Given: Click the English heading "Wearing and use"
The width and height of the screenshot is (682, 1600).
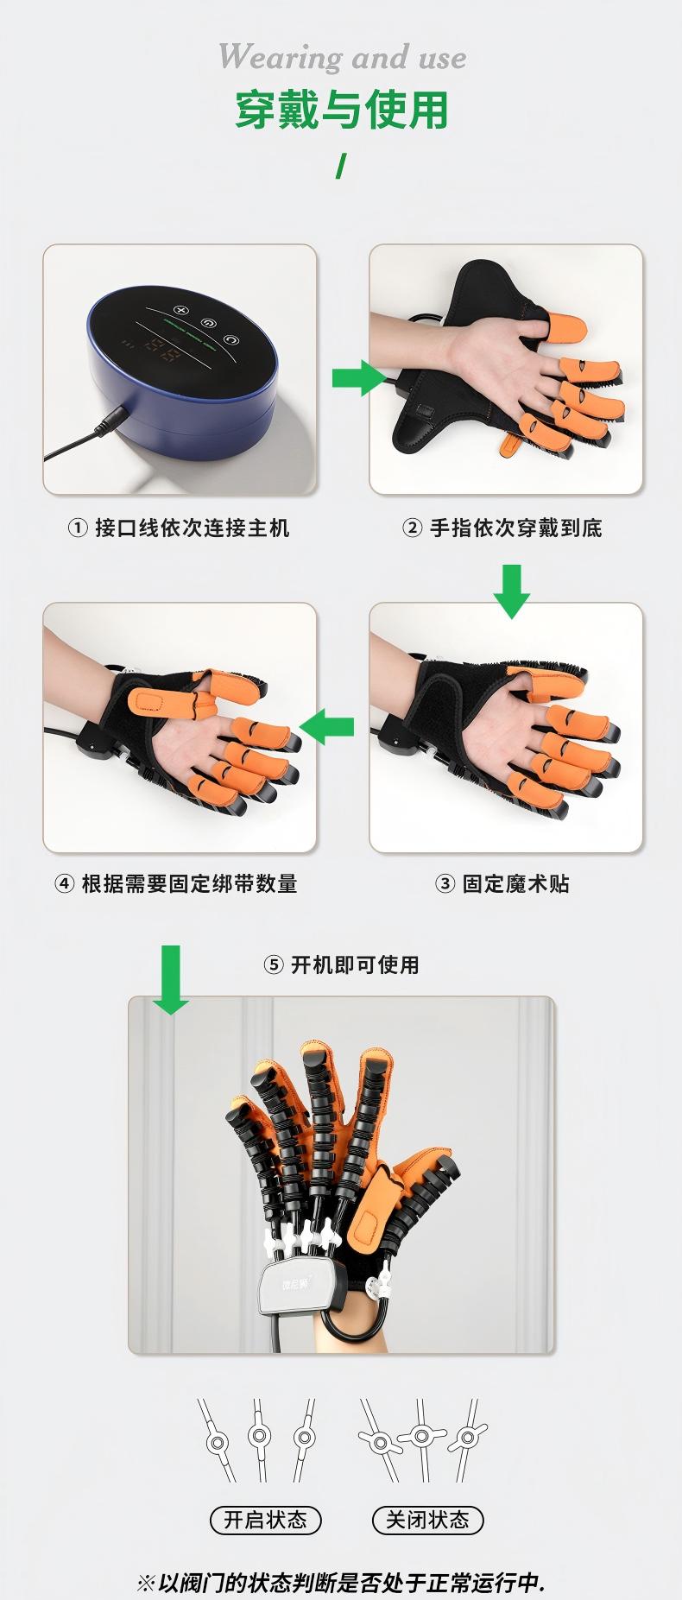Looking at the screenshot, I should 342,58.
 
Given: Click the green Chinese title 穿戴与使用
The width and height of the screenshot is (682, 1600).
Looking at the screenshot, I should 342,111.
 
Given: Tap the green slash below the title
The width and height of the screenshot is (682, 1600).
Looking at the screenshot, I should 341,167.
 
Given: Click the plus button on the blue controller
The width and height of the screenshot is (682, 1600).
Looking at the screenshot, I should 180,310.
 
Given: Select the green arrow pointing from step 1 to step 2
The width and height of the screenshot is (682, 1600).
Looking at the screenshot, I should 357,377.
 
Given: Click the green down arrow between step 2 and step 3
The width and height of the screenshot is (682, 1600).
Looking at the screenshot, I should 512,591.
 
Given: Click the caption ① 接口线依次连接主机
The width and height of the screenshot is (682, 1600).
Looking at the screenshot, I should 179,528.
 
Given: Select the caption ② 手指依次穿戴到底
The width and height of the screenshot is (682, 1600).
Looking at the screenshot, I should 502,528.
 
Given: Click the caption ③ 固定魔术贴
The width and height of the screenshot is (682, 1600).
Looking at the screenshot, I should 502,883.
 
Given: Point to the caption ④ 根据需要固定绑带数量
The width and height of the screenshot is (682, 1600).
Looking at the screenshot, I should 176,883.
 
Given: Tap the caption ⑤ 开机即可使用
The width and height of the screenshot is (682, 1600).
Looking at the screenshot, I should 341,964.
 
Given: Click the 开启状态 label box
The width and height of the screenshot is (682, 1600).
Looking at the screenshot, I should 265,1520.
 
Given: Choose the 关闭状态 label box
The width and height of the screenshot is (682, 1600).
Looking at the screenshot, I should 427,1520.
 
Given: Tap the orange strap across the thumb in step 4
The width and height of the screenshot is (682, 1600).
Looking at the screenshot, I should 155,702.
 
